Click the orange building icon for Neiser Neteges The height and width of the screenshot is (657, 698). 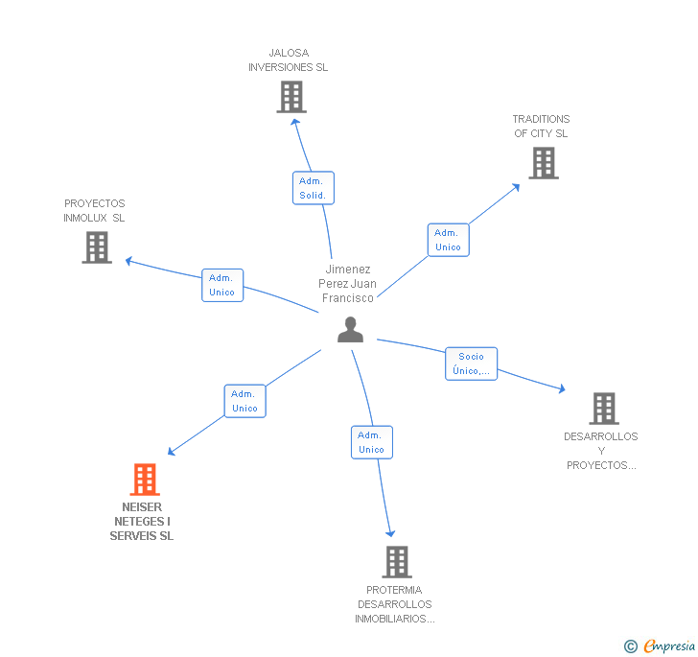[x=144, y=479]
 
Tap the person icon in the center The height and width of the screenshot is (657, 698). [x=351, y=330]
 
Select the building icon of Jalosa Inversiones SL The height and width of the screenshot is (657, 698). [x=291, y=97]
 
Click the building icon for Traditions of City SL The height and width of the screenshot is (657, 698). [x=544, y=163]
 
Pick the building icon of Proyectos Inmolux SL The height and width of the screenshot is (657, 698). [x=96, y=247]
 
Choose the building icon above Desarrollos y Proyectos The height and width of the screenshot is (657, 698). [x=603, y=409]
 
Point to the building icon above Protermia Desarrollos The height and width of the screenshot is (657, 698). [x=396, y=561]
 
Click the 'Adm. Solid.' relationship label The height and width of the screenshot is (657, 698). [x=313, y=188]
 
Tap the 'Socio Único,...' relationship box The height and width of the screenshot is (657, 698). [x=471, y=364]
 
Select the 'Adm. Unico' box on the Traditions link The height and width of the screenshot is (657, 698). [x=448, y=240]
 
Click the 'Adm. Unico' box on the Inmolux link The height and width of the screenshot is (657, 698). [x=222, y=285]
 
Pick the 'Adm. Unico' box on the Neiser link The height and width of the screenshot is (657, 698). [x=244, y=401]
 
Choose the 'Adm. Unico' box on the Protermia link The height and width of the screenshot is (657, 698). [x=371, y=442]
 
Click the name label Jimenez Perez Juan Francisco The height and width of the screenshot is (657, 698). [x=347, y=284]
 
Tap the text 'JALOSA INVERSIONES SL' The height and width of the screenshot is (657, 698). [x=288, y=60]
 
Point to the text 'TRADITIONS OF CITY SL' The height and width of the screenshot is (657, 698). [x=541, y=127]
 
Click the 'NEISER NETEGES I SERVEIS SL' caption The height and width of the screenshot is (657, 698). [x=142, y=522]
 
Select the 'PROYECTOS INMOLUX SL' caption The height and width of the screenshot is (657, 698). [x=95, y=210]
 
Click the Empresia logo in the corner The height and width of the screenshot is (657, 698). [x=661, y=645]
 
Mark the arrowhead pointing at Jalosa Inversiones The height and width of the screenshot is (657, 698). [x=295, y=121]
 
